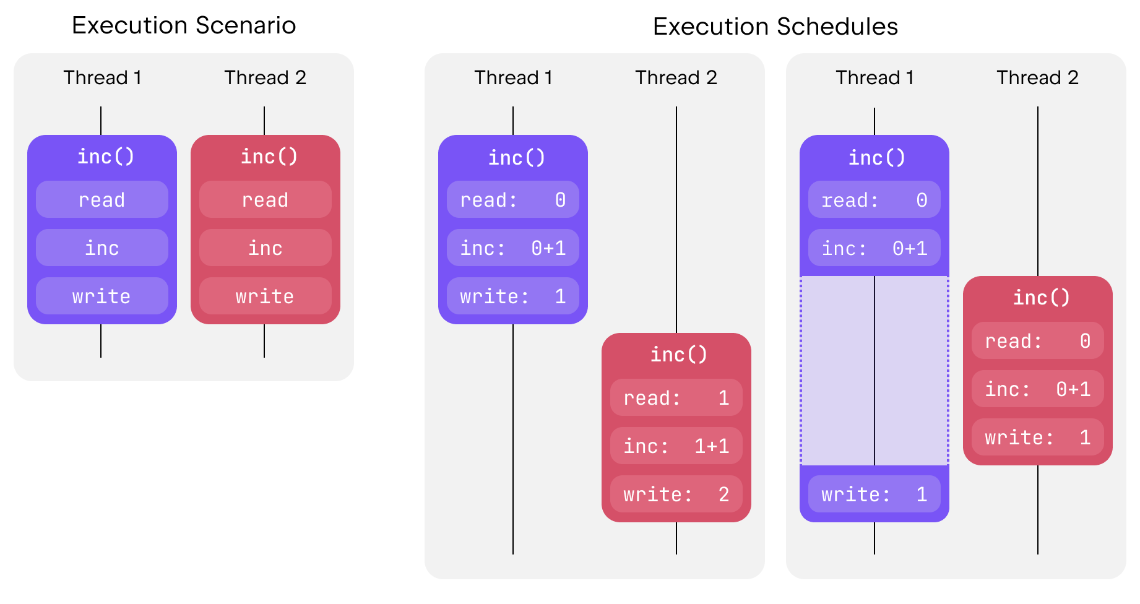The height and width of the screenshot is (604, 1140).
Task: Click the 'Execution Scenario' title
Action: click(184, 25)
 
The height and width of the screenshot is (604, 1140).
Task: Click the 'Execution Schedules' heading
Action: click(775, 27)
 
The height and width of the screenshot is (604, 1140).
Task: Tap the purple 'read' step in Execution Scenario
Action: click(102, 199)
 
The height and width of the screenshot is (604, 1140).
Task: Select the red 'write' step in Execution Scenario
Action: click(265, 296)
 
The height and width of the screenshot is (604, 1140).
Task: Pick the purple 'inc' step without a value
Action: click(102, 248)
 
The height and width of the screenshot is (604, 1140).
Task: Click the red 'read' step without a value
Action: click(265, 199)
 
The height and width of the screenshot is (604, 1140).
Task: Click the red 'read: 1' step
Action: click(676, 397)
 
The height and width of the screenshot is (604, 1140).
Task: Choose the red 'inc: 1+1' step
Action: click(676, 446)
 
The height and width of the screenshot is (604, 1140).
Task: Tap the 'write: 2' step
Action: click(676, 494)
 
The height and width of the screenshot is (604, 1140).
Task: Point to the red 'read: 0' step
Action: click(1037, 340)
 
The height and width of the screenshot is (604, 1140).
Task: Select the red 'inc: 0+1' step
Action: click(1037, 389)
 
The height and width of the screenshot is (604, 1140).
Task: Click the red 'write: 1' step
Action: click(1037, 437)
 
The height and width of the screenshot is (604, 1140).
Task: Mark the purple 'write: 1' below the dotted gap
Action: click(874, 494)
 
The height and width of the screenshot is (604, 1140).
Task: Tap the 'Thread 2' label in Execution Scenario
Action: click(265, 77)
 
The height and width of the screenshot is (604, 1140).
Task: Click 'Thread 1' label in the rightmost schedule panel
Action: click(874, 77)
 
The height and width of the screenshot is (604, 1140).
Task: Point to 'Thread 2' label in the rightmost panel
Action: click(1037, 77)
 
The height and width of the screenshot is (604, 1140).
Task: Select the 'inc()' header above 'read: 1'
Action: click(678, 354)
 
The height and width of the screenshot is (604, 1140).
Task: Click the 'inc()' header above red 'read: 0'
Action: click(1041, 297)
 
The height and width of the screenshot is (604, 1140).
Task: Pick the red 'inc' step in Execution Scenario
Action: click(265, 248)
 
